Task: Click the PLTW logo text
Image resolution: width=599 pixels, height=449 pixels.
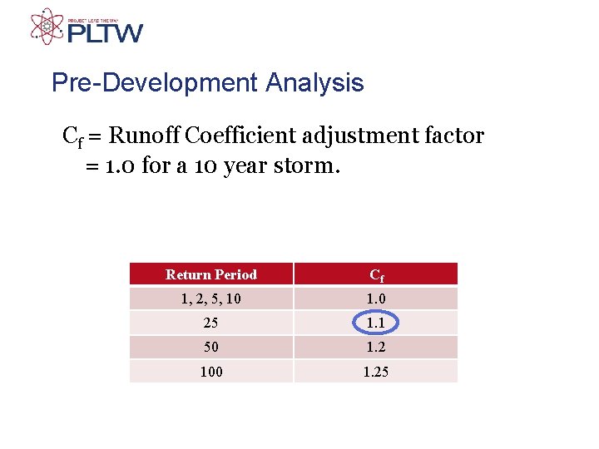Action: click(x=105, y=32)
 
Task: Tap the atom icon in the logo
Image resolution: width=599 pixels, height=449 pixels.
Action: click(x=47, y=26)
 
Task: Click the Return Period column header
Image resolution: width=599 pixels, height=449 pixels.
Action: click(x=211, y=274)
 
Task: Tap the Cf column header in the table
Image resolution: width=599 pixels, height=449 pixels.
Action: click(x=376, y=275)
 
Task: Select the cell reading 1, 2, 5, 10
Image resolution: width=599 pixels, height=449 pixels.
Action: click(x=211, y=299)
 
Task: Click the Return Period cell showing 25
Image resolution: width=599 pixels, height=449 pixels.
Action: click(x=211, y=323)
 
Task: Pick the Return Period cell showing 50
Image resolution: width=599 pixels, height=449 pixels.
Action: click(x=211, y=347)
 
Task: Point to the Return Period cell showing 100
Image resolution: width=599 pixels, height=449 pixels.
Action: click(x=211, y=372)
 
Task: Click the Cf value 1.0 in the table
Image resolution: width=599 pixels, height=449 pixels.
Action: click(x=376, y=299)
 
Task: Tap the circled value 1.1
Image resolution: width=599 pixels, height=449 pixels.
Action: click(x=376, y=323)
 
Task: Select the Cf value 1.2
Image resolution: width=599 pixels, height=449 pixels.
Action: click(x=376, y=347)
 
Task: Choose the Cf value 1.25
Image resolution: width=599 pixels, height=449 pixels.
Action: click(x=376, y=372)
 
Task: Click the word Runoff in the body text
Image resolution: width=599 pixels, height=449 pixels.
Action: click(x=146, y=136)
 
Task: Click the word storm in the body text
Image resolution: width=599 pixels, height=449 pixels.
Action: click(x=312, y=165)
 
